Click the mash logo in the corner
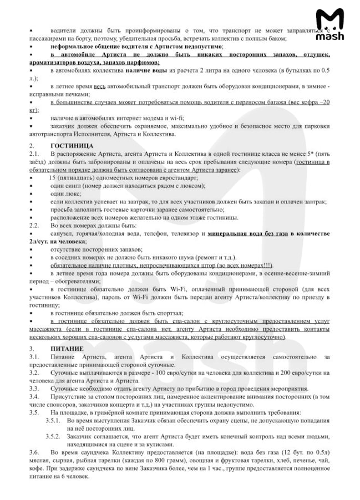click(329, 25)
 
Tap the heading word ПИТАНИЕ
click(67, 349)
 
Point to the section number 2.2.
click(34, 226)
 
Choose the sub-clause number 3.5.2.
click(54, 437)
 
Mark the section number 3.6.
click(34, 453)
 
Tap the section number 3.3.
click(34, 389)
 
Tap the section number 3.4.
click(34, 397)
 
